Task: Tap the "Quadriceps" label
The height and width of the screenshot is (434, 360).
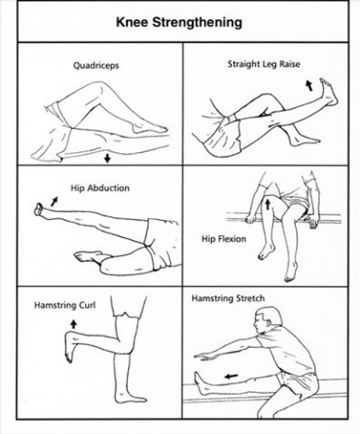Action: pos(97,66)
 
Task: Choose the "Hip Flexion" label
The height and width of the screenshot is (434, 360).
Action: pos(219,239)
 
